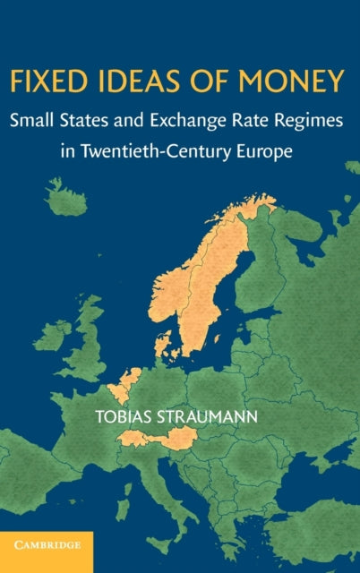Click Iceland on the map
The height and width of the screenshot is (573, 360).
click(66, 199)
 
